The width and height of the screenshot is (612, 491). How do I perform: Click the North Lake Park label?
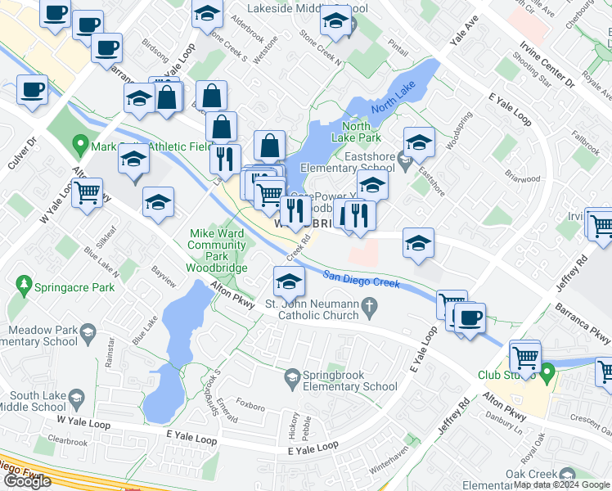coord(362,132)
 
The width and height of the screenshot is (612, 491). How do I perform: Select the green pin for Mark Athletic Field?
coord(80,147)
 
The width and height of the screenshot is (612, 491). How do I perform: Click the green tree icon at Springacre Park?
coord(23,286)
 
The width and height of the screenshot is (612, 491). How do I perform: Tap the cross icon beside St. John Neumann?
coord(370,306)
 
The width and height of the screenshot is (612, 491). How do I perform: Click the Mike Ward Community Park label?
coord(216,250)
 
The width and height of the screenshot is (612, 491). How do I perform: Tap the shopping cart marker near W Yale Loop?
coord(87,194)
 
